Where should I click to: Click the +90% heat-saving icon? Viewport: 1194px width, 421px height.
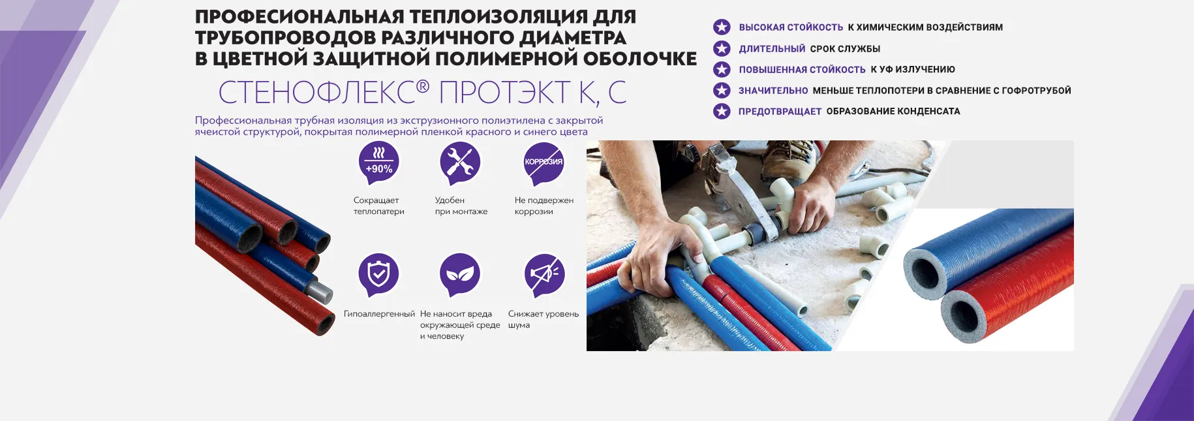click(x=378, y=163)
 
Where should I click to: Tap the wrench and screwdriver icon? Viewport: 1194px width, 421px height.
click(x=460, y=163)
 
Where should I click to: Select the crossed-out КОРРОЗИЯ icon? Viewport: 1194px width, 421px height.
click(x=543, y=163)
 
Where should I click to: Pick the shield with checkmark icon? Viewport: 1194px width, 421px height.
click(x=378, y=274)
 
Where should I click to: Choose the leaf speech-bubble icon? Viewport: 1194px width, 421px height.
click(x=460, y=274)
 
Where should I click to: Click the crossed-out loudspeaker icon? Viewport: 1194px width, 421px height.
click(x=544, y=274)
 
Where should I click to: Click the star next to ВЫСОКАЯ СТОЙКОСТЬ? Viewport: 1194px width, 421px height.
click(x=722, y=27)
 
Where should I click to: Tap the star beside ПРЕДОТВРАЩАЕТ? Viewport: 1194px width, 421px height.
click(x=722, y=111)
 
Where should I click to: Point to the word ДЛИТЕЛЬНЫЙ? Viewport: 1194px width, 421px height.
click(x=772, y=49)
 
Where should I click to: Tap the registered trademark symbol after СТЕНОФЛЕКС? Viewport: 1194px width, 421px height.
click(x=423, y=86)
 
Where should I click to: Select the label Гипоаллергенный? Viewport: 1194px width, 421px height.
click(x=379, y=314)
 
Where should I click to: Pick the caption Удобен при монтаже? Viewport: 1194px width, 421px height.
click(x=461, y=206)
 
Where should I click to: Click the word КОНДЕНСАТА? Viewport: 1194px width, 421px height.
click(x=928, y=112)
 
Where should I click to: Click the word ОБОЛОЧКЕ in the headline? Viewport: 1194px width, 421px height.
click(x=639, y=59)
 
